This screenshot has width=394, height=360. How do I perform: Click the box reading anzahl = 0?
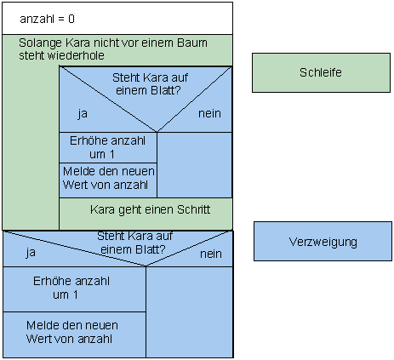(117, 17)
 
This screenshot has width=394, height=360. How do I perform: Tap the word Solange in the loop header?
(37, 43)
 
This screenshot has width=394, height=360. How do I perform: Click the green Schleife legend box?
(321, 72)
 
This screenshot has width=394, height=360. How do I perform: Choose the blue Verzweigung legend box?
(322, 242)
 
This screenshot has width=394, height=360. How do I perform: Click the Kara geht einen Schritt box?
(145, 209)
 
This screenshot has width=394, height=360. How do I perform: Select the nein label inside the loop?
(209, 113)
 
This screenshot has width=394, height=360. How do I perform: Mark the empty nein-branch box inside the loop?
(194, 164)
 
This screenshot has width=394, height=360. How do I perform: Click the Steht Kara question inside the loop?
(150, 83)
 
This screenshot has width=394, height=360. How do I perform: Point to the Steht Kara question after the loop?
(131, 243)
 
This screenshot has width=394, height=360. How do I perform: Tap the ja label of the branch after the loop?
(31, 252)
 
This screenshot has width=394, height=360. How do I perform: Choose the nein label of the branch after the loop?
(210, 254)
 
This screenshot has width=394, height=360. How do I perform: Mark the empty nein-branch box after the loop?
(189, 311)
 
